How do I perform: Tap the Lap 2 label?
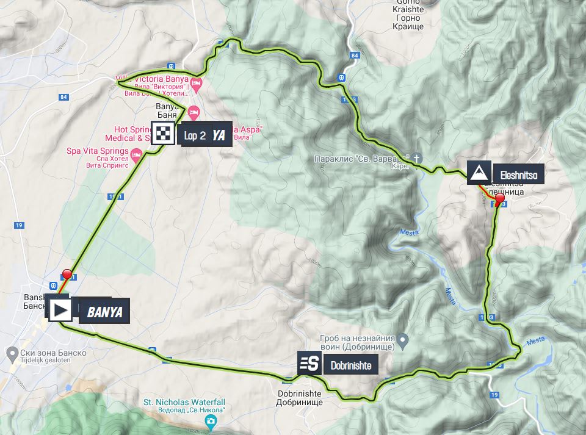(x=194, y=135)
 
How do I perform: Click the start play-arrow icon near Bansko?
(x=59, y=310)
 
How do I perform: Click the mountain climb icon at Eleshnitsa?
(x=480, y=173)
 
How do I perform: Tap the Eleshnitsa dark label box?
(x=517, y=175)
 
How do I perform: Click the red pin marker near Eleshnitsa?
(x=499, y=199)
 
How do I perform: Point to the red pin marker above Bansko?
(x=67, y=274)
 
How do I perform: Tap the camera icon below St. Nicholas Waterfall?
(x=209, y=421)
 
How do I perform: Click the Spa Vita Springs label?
(x=98, y=151)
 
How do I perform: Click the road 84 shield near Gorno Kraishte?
(x=355, y=56)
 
